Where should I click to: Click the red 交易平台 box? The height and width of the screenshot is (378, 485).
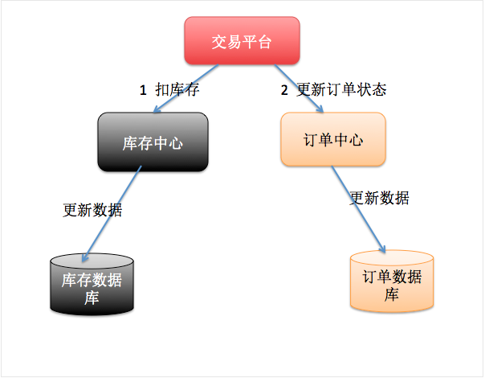pos(242,42)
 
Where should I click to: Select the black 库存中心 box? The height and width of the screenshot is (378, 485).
pos(153,142)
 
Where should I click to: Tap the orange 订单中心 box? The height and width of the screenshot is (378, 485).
pos(332,140)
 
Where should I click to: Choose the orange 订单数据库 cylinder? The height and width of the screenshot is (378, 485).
pos(391,281)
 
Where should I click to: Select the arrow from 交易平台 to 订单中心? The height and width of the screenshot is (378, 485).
pos(300,88)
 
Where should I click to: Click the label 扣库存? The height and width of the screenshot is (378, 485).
pos(177,90)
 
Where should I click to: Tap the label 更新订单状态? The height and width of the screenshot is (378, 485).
pos(341,89)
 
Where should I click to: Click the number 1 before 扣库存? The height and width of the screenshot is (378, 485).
pos(144,91)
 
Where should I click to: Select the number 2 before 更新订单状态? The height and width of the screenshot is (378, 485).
pos(284,90)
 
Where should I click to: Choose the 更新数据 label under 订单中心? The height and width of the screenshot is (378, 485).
pos(379,198)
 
